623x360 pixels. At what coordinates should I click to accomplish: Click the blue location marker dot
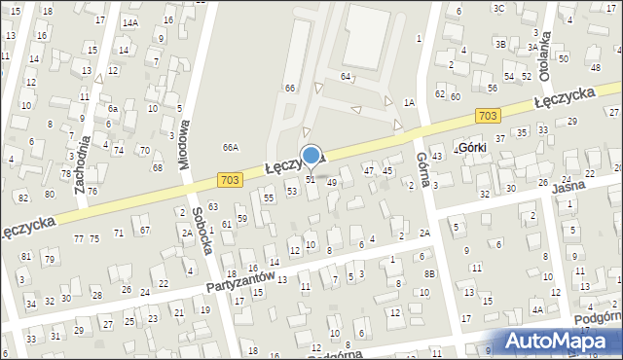[311, 154]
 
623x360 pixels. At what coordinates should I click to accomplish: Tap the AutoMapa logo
[562, 341]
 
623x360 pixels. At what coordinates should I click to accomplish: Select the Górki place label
[471, 148]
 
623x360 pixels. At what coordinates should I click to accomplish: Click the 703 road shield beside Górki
[489, 116]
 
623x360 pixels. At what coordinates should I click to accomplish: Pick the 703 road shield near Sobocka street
[230, 179]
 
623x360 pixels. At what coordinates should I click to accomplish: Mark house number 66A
[230, 148]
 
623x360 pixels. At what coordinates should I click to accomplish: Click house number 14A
[129, 21]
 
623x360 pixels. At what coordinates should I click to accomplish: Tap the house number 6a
[113, 109]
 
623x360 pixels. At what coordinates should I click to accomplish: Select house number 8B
[429, 273]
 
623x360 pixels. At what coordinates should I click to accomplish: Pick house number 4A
[536, 310]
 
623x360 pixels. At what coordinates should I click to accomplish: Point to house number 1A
[410, 102]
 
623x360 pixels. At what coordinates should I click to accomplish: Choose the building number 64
[345, 75]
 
